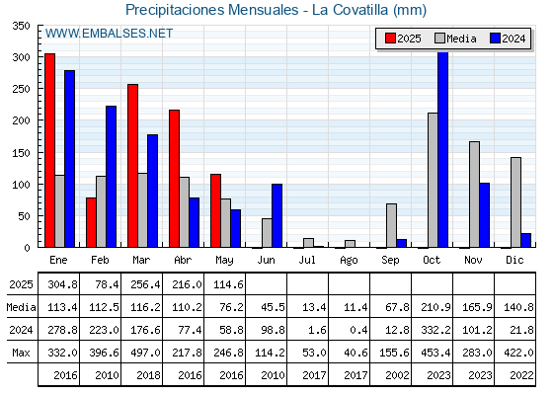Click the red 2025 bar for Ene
[50, 150]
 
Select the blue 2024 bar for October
[443, 150]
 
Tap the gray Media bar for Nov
[474, 195]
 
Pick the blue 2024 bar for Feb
[111, 177]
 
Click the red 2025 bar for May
[216, 211]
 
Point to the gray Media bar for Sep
[391, 226]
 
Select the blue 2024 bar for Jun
[276, 216]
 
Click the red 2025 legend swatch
[390, 39]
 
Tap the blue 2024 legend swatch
[495, 39]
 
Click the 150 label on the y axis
[21, 153]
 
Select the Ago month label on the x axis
[349, 261]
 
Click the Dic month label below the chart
[514, 260]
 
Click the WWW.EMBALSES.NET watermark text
[109, 34]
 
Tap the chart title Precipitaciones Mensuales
[212, 10]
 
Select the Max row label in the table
[21, 353]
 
